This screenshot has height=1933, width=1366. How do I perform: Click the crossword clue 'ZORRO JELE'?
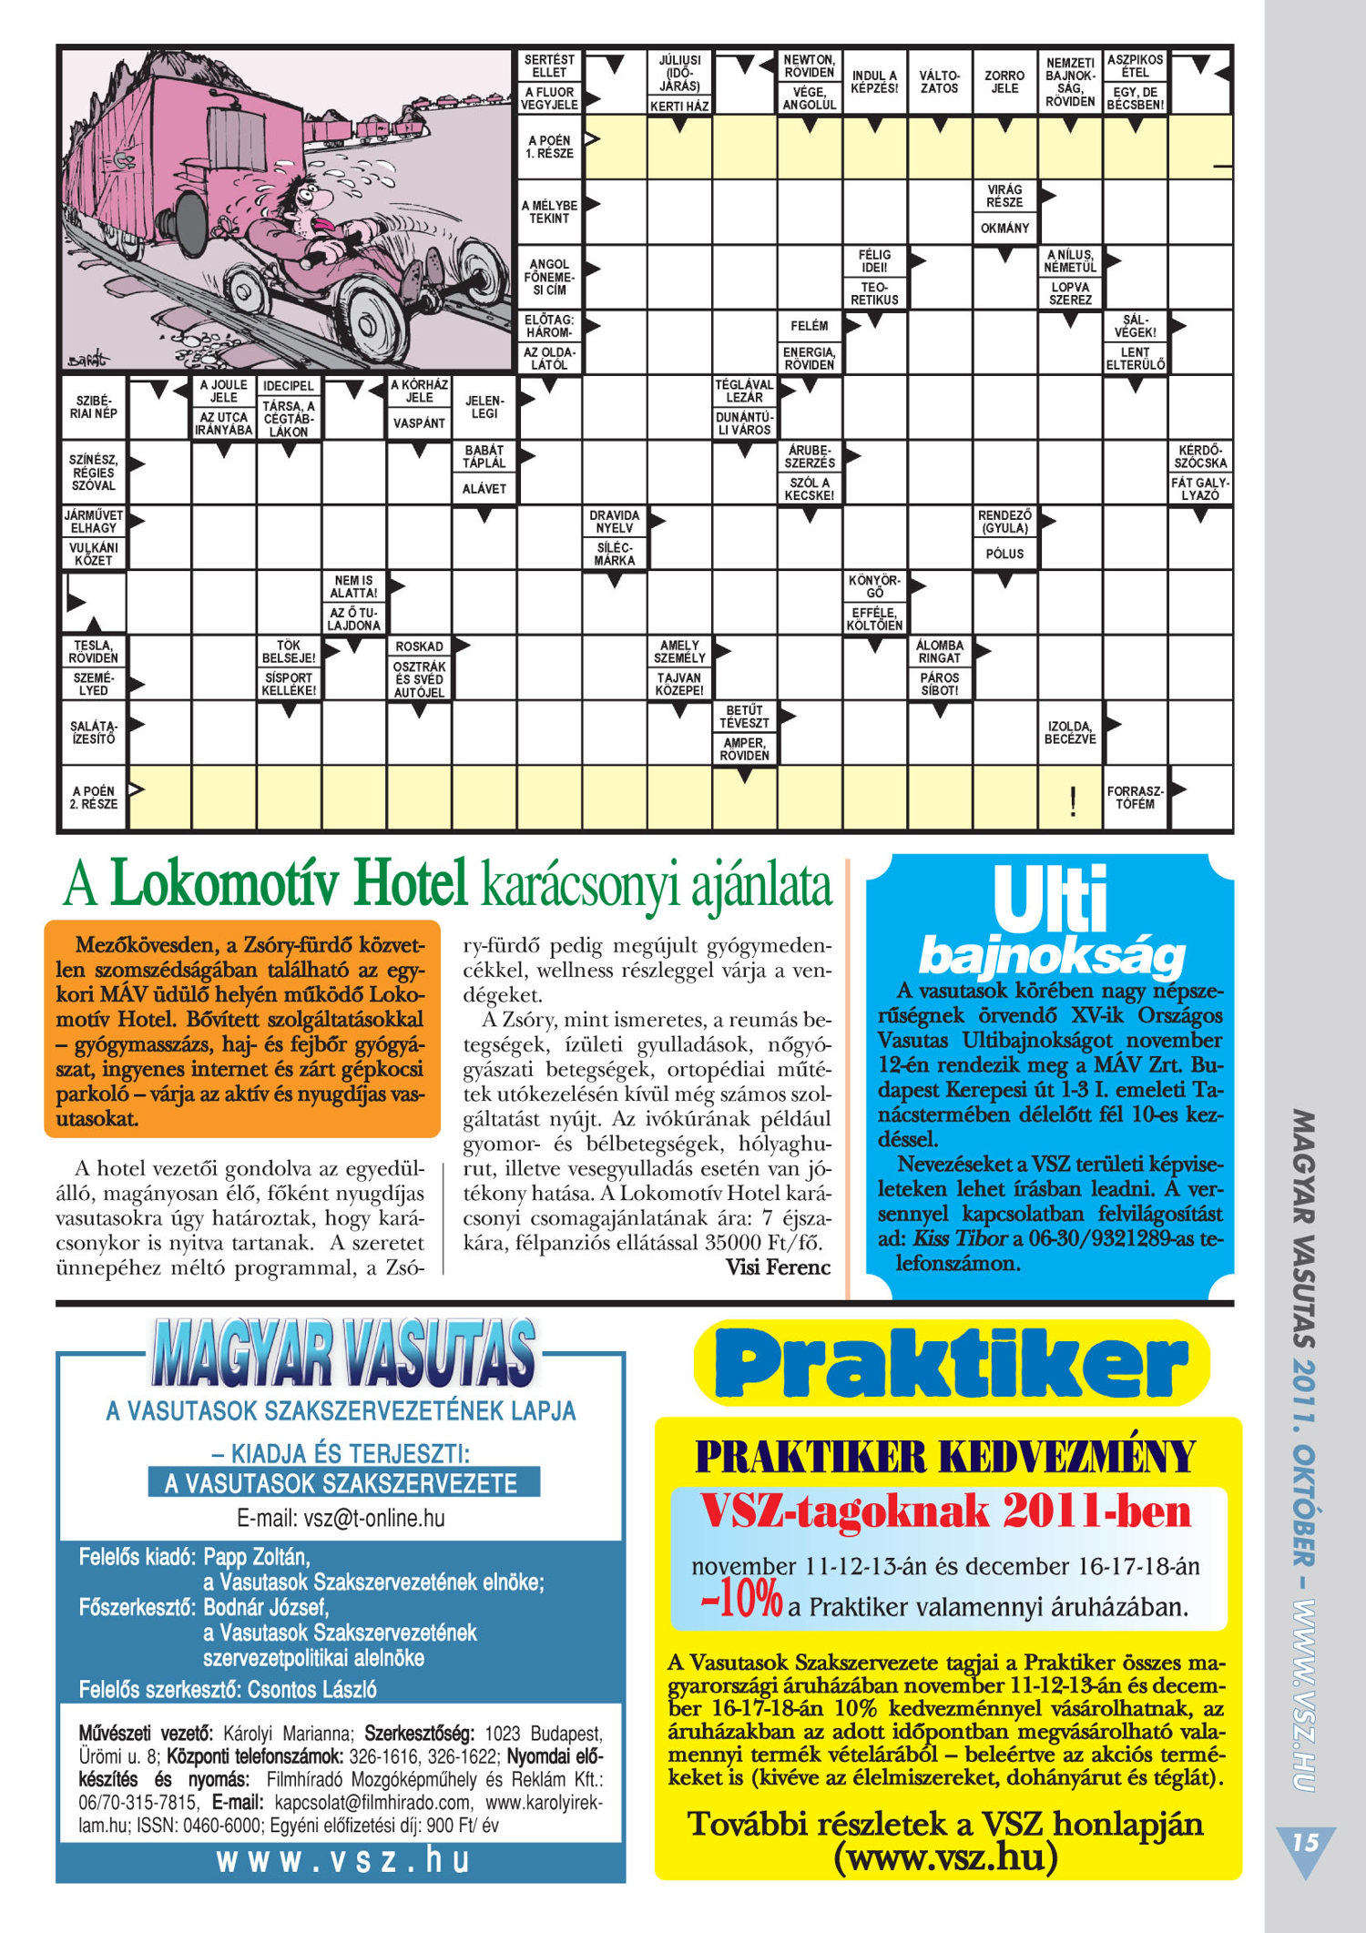click(x=1004, y=82)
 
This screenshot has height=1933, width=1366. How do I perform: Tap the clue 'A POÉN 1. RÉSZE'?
click(x=549, y=147)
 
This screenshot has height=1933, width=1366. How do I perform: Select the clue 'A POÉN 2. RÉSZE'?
click(x=93, y=798)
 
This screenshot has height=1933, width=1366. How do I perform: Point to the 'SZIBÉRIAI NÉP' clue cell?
click(x=93, y=407)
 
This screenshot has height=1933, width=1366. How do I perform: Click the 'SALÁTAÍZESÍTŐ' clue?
click(x=93, y=732)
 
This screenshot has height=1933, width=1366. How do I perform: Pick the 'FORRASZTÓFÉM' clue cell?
click(x=1134, y=798)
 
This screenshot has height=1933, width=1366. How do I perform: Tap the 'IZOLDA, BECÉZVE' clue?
click(x=1070, y=732)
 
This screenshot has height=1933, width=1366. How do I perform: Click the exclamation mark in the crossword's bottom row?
click(x=1073, y=801)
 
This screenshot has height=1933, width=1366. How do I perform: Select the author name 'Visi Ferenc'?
click(x=778, y=1267)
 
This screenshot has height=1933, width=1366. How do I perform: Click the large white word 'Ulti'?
click(x=1049, y=900)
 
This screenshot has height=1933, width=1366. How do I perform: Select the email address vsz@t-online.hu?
click(x=341, y=1518)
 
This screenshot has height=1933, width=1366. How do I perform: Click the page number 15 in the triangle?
click(x=1305, y=1842)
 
